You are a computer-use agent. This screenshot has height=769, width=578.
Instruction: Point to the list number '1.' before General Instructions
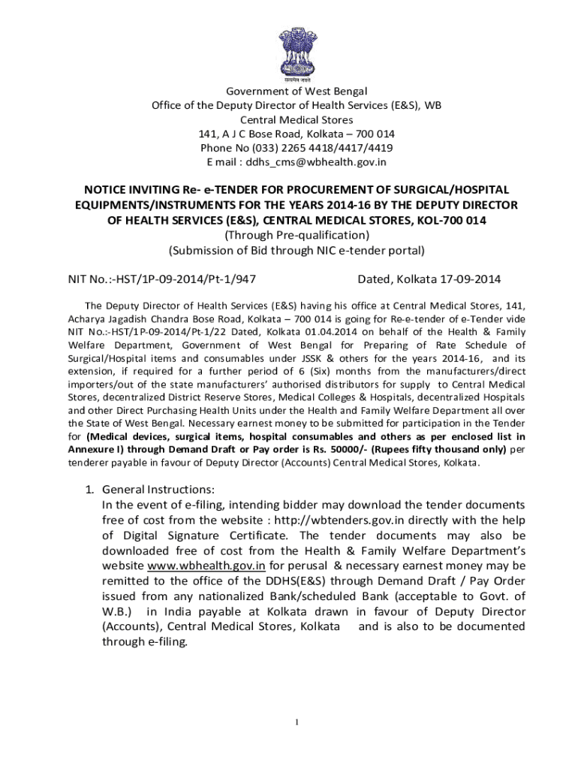[89, 490]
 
